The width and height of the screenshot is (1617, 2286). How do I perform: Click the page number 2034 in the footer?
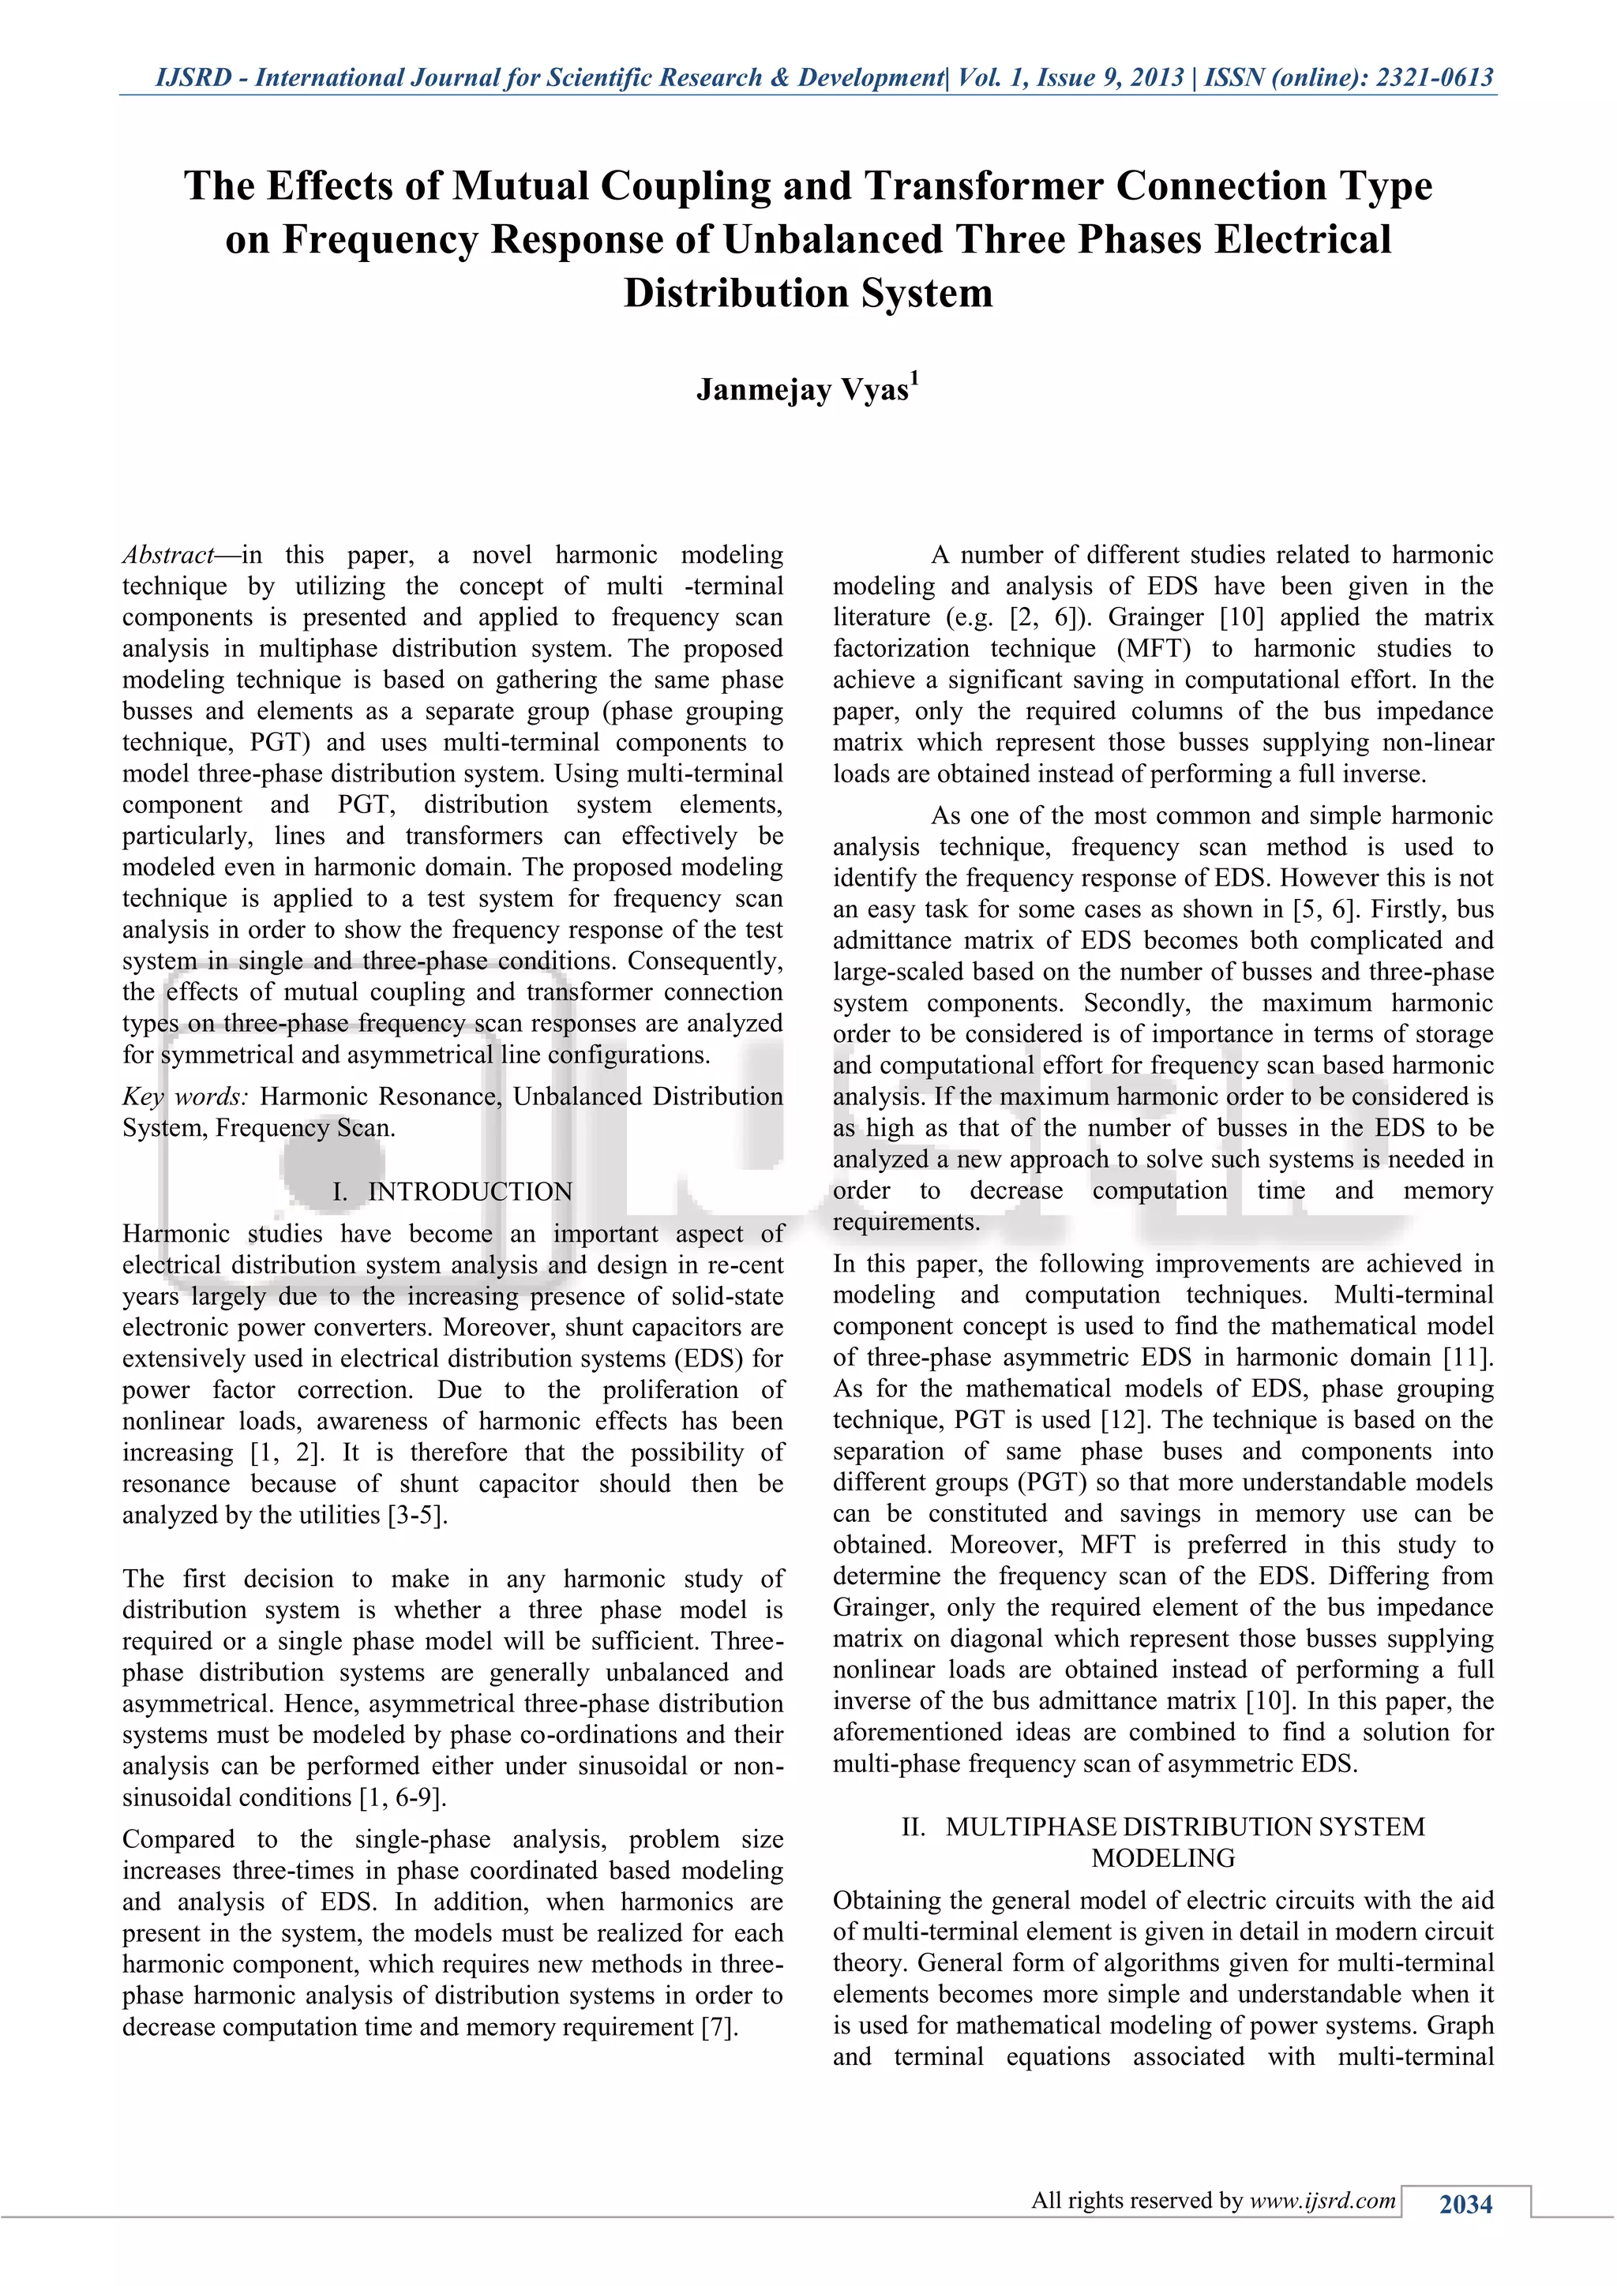click(x=1465, y=2205)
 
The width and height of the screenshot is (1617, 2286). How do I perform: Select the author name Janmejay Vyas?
click(x=801, y=390)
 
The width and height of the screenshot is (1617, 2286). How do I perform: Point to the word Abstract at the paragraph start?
click(x=167, y=555)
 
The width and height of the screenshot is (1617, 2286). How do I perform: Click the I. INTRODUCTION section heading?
click(x=453, y=1192)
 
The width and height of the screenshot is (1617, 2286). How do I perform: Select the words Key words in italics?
click(x=186, y=1097)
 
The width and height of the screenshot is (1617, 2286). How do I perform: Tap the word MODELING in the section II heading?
click(x=1163, y=1858)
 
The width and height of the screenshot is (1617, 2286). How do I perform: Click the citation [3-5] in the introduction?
click(x=417, y=1516)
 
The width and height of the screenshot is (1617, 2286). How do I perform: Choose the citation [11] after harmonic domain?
click(x=1469, y=1357)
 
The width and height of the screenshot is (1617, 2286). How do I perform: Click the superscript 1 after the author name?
click(x=914, y=378)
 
